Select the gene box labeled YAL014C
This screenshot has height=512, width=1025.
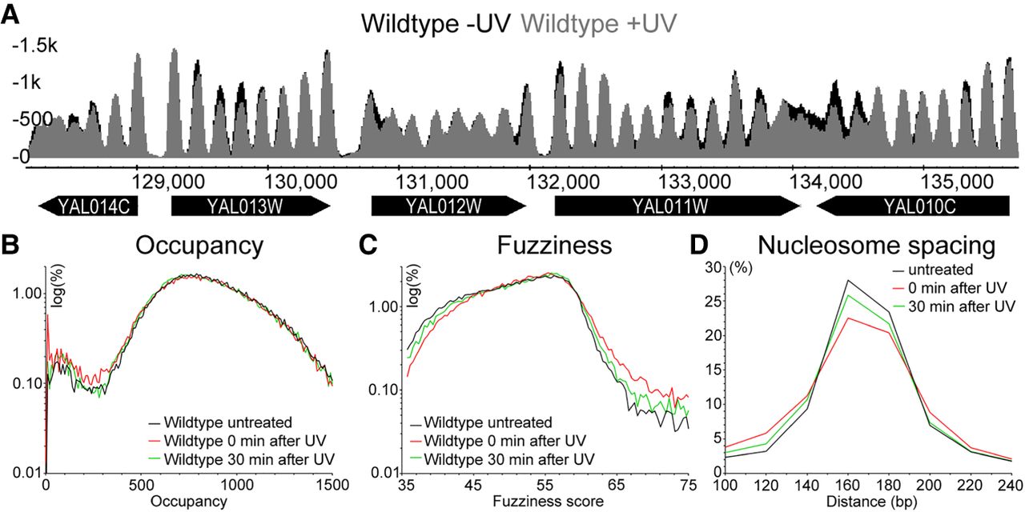[x=88, y=208]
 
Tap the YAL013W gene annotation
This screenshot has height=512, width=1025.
[x=250, y=208]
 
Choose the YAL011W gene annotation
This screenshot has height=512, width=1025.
[x=677, y=208]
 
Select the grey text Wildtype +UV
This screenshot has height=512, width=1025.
[x=588, y=23]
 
